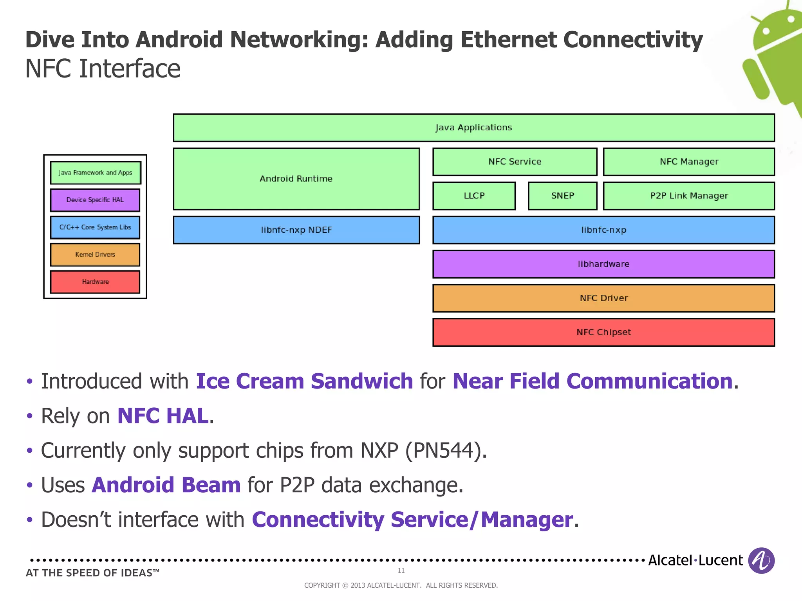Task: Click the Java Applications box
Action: point(474,128)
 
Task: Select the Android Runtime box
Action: point(296,179)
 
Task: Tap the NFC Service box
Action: point(515,162)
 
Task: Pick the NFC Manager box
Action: point(689,162)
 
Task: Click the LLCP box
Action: point(474,196)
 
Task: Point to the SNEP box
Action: point(562,196)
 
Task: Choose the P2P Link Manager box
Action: point(689,196)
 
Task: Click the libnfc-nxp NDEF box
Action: point(296,230)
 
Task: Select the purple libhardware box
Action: point(603,264)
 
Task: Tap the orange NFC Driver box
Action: point(603,298)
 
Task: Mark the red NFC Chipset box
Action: point(603,332)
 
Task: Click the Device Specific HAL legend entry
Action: point(95,200)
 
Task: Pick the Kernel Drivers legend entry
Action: point(95,255)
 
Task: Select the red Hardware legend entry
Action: point(95,282)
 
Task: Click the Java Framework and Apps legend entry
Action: point(95,173)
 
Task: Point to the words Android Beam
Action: point(166,485)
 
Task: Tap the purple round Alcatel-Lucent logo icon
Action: point(761,560)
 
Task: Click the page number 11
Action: point(401,570)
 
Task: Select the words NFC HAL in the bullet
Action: point(163,416)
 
